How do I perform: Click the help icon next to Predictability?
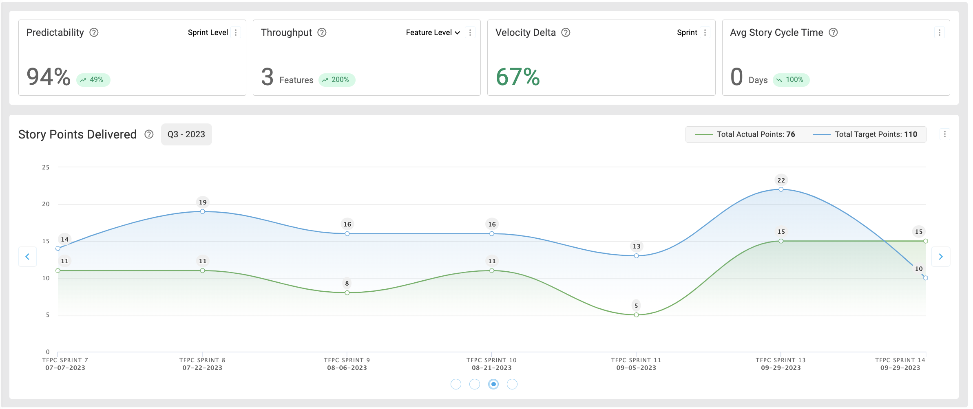point(94,33)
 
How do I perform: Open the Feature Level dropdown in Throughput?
point(433,33)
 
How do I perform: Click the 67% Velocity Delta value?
point(518,77)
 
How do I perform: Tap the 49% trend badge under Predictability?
point(93,80)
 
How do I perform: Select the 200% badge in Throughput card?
point(336,80)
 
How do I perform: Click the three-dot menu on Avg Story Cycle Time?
point(939,33)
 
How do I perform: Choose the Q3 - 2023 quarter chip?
point(186,134)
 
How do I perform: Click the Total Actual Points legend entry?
point(745,134)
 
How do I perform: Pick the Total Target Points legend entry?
point(865,134)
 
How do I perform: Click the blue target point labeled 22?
point(781,189)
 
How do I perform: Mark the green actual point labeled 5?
point(636,315)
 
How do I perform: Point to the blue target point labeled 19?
point(203,211)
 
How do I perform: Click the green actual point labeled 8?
point(347,293)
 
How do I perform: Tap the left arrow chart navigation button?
point(27,257)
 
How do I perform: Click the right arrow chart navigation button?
point(941,257)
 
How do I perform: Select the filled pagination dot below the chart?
point(493,384)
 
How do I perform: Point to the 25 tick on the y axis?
point(46,167)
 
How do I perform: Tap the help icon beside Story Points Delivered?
point(149,134)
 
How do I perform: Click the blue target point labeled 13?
point(636,256)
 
